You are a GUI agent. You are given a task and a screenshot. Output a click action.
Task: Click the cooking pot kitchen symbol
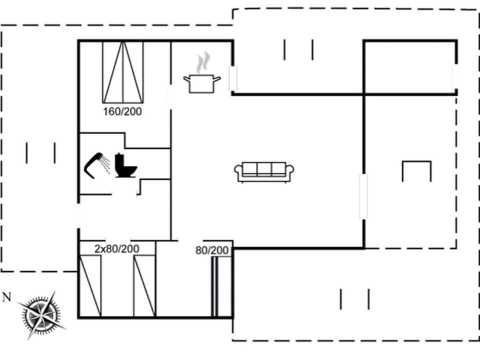click(x=202, y=83)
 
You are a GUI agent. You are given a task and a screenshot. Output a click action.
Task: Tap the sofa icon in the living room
click(x=264, y=172)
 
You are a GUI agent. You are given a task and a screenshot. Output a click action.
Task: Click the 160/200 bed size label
click(x=122, y=111)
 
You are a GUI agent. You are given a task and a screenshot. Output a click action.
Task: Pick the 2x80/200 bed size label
click(x=116, y=248)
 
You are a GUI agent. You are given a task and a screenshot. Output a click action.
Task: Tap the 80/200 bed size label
click(x=211, y=250)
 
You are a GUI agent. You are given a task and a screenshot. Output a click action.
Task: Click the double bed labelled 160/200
click(x=122, y=71)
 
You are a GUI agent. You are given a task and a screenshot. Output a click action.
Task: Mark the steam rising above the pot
click(x=202, y=63)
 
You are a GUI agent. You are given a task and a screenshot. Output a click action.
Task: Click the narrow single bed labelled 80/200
click(x=215, y=287)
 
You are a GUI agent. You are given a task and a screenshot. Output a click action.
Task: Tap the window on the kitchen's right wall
click(x=233, y=78)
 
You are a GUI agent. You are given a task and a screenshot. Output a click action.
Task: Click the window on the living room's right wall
click(x=363, y=196)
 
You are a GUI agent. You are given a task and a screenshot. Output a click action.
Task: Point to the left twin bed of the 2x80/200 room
click(x=90, y=285)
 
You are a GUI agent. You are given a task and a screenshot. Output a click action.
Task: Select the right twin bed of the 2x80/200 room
click(x=144, y=285)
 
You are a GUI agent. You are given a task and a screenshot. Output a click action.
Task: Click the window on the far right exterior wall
click(x=455, y=76)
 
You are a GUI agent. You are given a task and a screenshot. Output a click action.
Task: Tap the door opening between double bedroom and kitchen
click(x=171, y=96)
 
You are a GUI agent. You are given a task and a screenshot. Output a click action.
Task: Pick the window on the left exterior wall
click(x=78, y=216)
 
